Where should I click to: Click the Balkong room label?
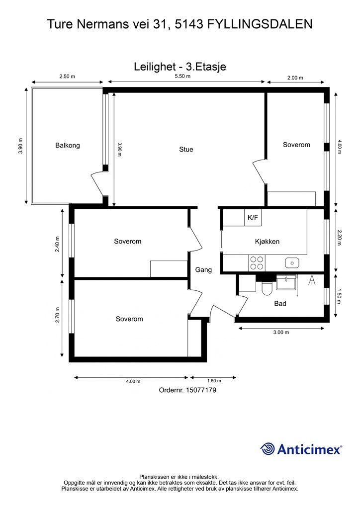[68, 146]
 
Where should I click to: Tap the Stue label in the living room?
[186, 149]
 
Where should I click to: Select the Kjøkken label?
[267, 242]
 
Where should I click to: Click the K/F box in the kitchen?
[253, 218]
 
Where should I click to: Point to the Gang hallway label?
[203, 270]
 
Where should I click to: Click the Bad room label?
[280, 304]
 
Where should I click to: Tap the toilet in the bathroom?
[267, 288]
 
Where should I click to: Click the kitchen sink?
[292, 262]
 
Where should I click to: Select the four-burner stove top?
[257, 263]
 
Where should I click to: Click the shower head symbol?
[312, 280]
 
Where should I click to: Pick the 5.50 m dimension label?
[182, 76]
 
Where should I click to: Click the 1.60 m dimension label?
[214, 381]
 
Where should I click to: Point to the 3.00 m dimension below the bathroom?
[281, 333]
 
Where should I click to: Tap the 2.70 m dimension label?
[58, 315]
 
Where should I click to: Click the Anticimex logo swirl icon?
[268, 449]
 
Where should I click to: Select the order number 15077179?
[200, 390]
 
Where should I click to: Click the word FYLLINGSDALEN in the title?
[260, 24]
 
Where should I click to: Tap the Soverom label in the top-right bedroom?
[296, 145]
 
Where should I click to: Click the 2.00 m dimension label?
[295, 78]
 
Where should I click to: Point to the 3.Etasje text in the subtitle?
[206, 67]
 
